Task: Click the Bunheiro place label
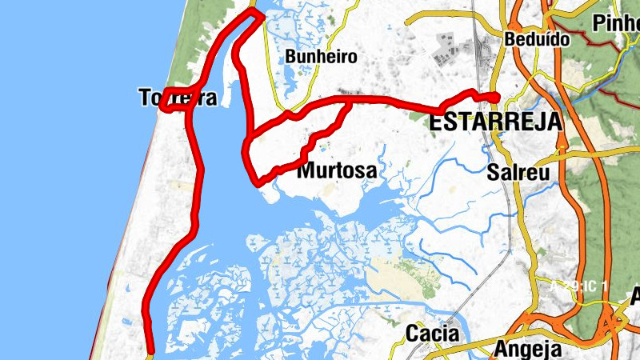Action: (x=321, y=57)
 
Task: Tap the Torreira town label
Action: (x=178, y=98)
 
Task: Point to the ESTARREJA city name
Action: (x=495, y=122)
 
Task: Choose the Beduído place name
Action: (x=537, y=38)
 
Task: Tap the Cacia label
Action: (x=432, y=332)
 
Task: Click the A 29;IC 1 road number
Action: (x=580, y=286)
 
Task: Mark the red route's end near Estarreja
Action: (x=497, y=98)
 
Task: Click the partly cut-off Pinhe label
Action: (x=616, y=22)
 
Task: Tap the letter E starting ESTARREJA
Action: (x=437, y=122)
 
